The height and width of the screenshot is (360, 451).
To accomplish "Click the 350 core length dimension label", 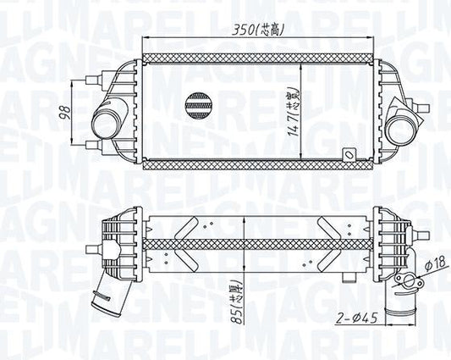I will (x=259, y=30).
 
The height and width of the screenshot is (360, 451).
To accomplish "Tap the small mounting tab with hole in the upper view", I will (x=348, y=156).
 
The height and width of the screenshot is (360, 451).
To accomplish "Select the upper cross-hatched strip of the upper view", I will (x=258, y=58).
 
